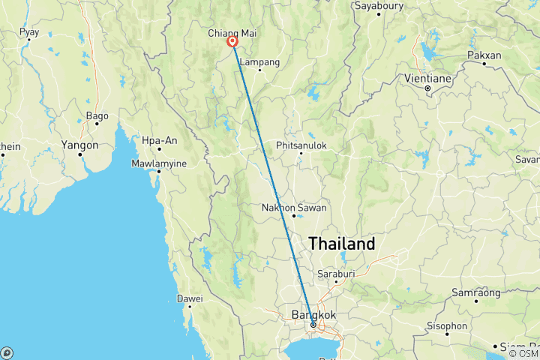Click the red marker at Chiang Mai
(x=232, y=43)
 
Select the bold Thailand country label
(x=341, y=244)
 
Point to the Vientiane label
(x=427, y=77)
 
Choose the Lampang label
(x=260, y=61)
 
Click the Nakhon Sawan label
(x=292, y=207)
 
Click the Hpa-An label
(x=160, y=139)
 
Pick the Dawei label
(x=190, y=298)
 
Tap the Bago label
(x=97, y=115)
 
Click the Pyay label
(x=30, y=32)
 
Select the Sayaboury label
(x=379, y=6)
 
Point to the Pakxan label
(x=484, y=55)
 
